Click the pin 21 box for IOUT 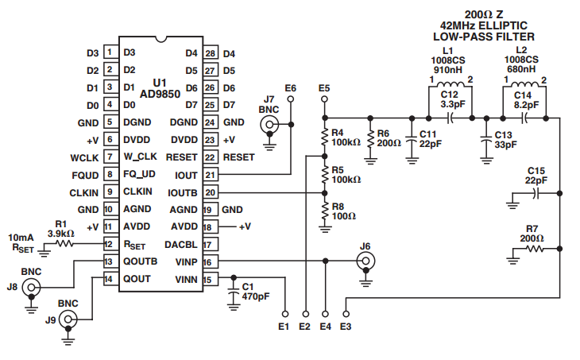(210, 175)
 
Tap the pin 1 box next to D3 (110, 52)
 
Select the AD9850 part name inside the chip (160, 94)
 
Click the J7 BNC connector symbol (269, 124)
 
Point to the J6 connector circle (365, 261)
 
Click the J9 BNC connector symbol (68, 319)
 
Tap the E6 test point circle (291, 99)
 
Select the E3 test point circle (346, 314)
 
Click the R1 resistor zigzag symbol (64, 243)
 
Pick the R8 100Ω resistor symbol (325, 211)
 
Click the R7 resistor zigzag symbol (535, 249)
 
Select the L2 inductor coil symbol (524, 83)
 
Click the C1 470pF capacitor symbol (234, 292)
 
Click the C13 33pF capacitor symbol (487, 140)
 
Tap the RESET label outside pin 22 (238, 157)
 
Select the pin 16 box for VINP (210, 262)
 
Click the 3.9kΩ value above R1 (60, 234)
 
